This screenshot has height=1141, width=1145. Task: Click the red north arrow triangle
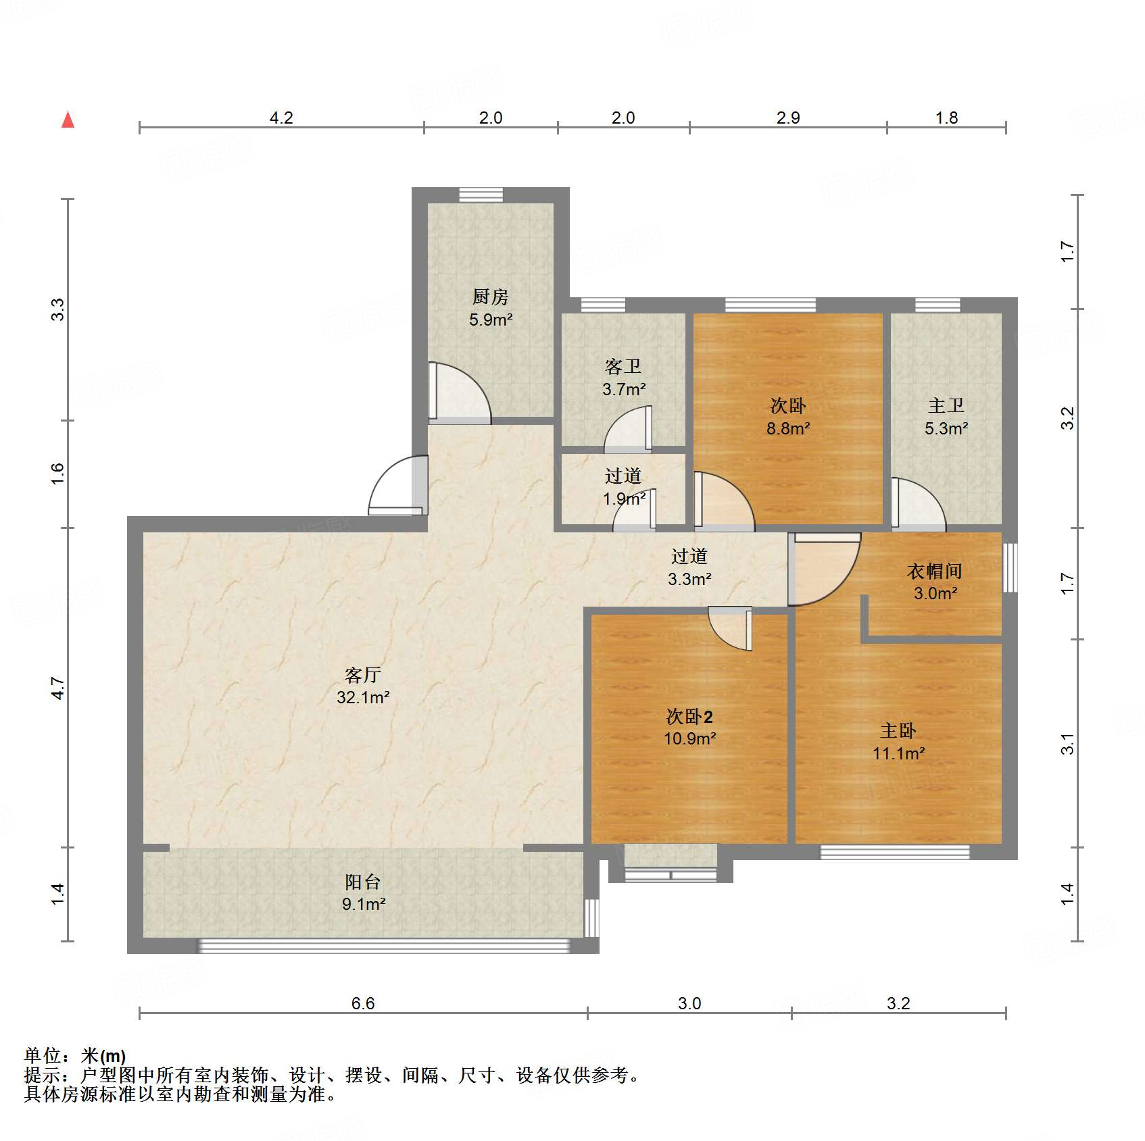click(x=68, y=120)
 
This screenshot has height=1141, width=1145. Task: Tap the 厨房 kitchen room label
click(x=491, y=296)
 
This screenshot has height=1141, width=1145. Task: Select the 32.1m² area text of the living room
click(x=364, y=696)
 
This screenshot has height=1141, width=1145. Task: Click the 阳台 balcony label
click(x=363, y=882)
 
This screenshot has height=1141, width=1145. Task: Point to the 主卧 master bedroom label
click(x=898, y=730)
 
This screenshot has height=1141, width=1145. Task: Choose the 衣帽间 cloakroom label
click(x=935, y=571)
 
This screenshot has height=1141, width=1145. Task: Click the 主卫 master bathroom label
click(x=946, y=405)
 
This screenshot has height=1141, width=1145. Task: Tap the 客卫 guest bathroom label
click(x=623, y=366)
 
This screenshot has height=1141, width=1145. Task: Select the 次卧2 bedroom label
click(x=689, y=716)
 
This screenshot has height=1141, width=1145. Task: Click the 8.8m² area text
click(x=788, y=428)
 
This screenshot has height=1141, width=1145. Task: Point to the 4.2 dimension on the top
click(x=281, y=118)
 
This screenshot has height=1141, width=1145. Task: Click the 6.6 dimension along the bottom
click(x=363, y=1003)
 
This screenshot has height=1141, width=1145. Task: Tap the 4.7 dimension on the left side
click(x=58, y=688)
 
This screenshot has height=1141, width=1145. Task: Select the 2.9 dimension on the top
click(x=788, y=118)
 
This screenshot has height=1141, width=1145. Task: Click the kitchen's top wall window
click(x=481, y=195)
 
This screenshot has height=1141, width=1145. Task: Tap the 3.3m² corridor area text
click(x=689, y=578)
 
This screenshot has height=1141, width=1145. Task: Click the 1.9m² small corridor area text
click(x=624, y=499)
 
